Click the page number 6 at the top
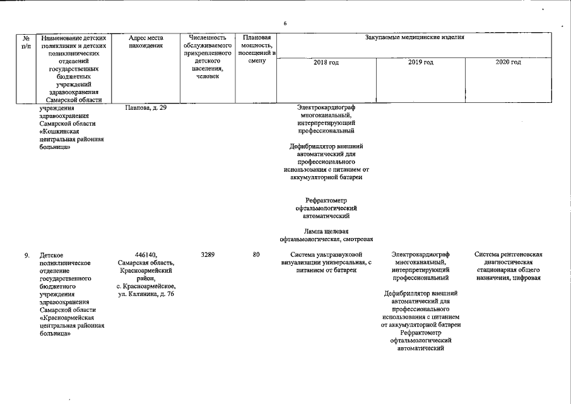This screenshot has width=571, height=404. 285,24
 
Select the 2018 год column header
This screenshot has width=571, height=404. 326,62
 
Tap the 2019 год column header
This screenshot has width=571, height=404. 421,62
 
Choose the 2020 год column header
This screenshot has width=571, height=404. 508,62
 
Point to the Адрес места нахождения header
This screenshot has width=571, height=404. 145,42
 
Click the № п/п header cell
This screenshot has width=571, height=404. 26,42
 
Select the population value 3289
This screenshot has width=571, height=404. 208,254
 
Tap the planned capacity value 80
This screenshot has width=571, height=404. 256,254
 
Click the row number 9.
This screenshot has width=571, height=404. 26,255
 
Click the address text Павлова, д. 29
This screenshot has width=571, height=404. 145,107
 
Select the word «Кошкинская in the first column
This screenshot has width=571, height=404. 61,131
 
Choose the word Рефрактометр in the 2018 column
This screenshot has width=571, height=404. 326,201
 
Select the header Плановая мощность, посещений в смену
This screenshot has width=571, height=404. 256,49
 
